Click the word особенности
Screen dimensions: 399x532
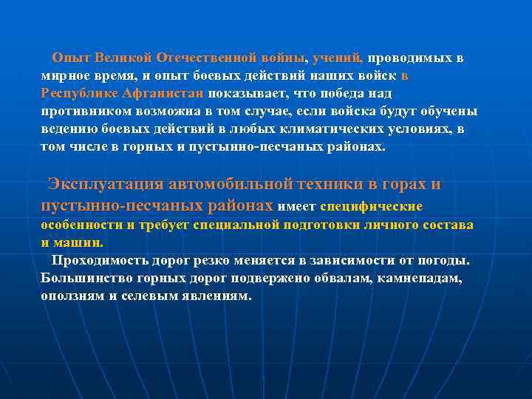click(x=81, y=225)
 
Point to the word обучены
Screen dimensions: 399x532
click(x=451, y=112)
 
